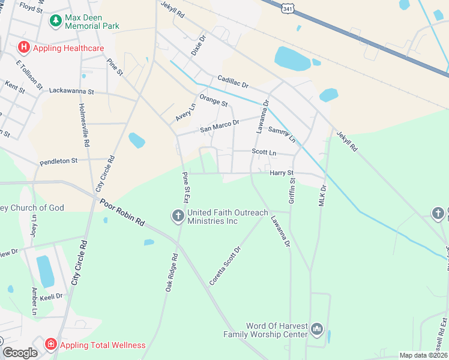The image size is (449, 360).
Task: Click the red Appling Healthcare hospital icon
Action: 24,47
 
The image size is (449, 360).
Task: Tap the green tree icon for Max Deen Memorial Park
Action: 56,21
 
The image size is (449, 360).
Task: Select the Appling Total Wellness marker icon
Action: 51,344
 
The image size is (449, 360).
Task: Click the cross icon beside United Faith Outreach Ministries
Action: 178,215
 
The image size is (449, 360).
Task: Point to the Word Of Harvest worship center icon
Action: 318,329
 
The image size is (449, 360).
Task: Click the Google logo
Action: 20,353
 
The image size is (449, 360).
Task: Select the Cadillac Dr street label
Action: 233,83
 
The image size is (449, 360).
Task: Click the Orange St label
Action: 214,100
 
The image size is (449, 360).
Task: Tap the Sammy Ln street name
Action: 282,134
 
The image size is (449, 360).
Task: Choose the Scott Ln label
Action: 264,153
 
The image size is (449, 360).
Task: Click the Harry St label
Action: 281,173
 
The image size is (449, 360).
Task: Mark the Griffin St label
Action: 292,191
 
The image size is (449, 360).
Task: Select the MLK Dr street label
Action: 322,196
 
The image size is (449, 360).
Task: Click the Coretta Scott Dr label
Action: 225,265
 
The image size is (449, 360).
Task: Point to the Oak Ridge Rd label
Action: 172,273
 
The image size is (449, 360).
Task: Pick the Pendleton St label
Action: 59,161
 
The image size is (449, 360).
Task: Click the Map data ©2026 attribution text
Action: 423,355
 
